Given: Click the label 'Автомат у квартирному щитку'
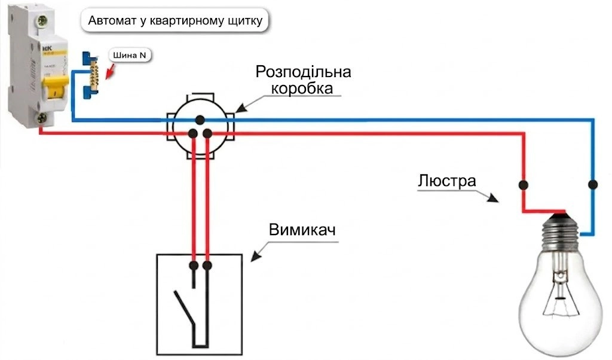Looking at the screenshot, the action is (x=175, y=20).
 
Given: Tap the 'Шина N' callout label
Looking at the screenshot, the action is (x=130, y=55).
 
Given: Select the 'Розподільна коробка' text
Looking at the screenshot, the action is (x=303, y=80).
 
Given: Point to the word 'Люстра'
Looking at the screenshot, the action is (x=447, y=181).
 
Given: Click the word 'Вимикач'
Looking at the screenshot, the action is (x=302, y=230).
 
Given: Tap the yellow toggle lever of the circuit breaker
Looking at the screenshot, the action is (x=56, y=88).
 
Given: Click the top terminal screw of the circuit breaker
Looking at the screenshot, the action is (x=41, y=20).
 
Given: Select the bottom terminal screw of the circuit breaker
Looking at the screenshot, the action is (x=41, y=118).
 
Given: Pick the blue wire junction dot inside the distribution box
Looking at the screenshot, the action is (x=200, y=120).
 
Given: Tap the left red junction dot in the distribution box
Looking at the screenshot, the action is (x=192, y=133).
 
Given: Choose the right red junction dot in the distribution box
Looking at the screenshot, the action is (x=207, y=133).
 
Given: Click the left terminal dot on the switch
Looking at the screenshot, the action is (x=194, y=266).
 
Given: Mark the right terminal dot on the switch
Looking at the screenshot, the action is (x=207, y=266).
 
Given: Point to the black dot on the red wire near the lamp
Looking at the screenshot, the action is (x=524, y=185).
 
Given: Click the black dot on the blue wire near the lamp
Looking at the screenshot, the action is (x=593, y=184).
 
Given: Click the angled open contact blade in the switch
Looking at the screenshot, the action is (x=184, y=308).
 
